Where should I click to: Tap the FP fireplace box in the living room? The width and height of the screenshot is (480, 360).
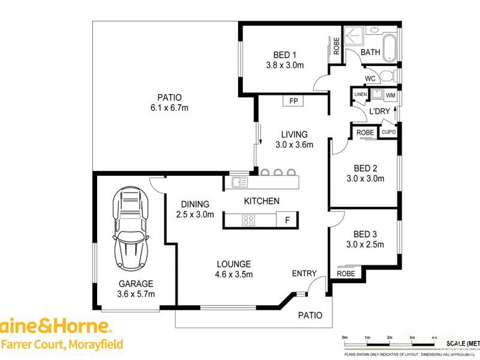293,101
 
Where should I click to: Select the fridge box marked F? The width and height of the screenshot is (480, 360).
287,220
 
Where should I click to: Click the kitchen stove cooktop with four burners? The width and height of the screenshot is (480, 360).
248,220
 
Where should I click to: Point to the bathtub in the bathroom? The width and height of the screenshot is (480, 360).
391,44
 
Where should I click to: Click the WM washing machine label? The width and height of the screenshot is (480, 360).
391,95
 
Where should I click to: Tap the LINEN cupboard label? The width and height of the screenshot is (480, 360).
360,95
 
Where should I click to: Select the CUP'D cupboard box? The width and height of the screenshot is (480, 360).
388,132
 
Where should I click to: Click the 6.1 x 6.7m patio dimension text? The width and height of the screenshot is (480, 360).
169,108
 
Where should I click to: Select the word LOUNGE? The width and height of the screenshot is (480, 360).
233,264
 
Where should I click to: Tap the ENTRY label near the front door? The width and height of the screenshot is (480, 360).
304,274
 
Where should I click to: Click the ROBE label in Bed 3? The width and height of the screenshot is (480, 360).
345,274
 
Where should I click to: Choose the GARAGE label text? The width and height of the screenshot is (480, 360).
135,284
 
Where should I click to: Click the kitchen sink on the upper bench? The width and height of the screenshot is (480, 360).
238,182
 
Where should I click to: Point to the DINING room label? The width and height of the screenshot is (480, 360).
195,204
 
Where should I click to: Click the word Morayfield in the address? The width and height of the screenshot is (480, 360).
95,344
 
